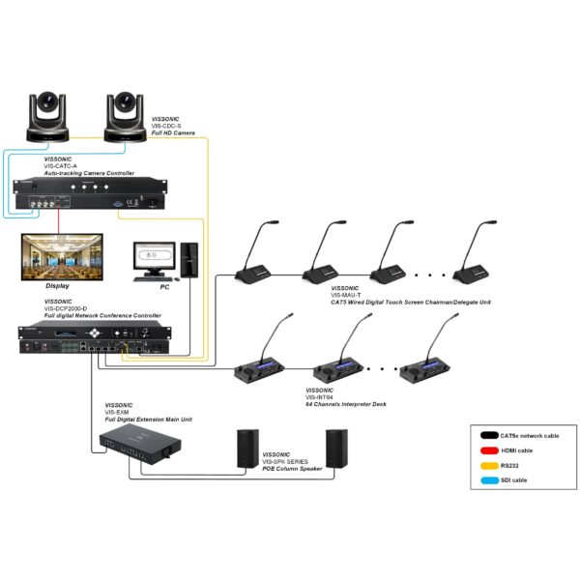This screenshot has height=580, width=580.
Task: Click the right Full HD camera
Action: [123, 115]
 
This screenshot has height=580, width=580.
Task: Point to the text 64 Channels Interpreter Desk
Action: [346, 403]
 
